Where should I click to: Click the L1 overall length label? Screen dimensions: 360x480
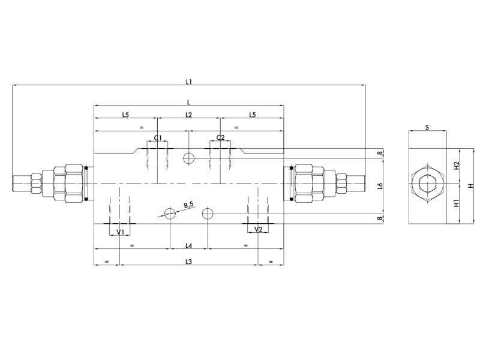click(x=188, y=80)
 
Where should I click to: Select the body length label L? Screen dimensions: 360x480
click(x=188, y=101)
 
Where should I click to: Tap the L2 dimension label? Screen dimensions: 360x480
click(x=188, y=114)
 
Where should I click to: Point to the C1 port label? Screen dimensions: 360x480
click(x=157, y=138)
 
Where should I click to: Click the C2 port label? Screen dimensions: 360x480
click(x=220, y=138)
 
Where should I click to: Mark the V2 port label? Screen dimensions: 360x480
click(x=258, y=230)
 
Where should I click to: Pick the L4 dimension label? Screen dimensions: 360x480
click(x=188, y=246)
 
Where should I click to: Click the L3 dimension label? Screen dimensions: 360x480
click(x=188, y=262)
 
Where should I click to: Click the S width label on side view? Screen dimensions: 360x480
click(x=427, y=127)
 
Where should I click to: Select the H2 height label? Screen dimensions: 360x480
click(x=456, y=165)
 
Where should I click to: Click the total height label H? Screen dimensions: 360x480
click(x=471, y=185)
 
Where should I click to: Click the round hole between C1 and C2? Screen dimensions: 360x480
click(x=188, y=158)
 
